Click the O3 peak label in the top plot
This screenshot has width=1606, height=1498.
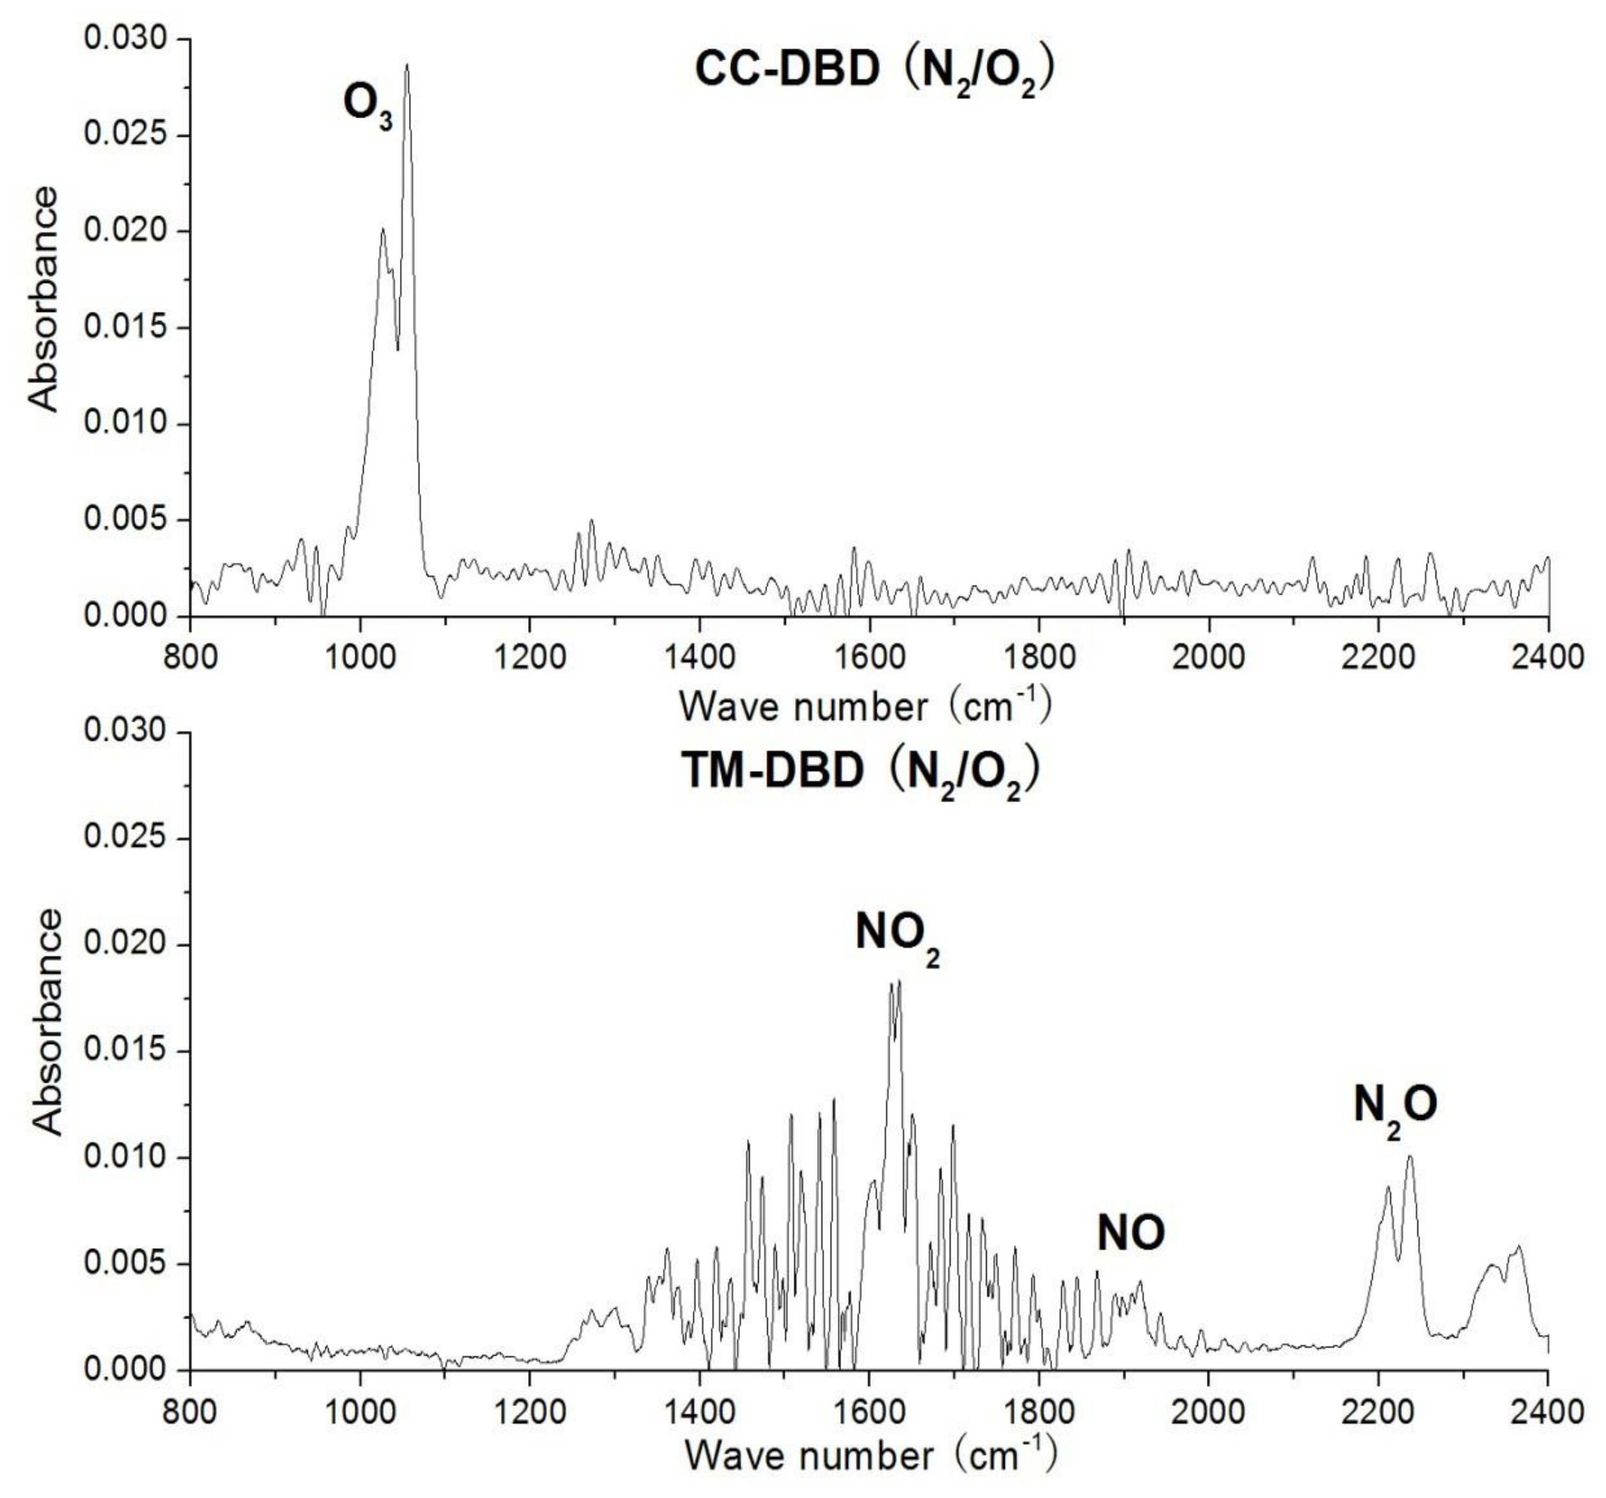point(368,107)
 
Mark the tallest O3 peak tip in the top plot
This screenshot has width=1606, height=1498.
point(407,65)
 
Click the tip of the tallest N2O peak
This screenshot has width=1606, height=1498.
point(1410,1157)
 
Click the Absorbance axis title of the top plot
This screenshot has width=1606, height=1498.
point(44,300)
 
